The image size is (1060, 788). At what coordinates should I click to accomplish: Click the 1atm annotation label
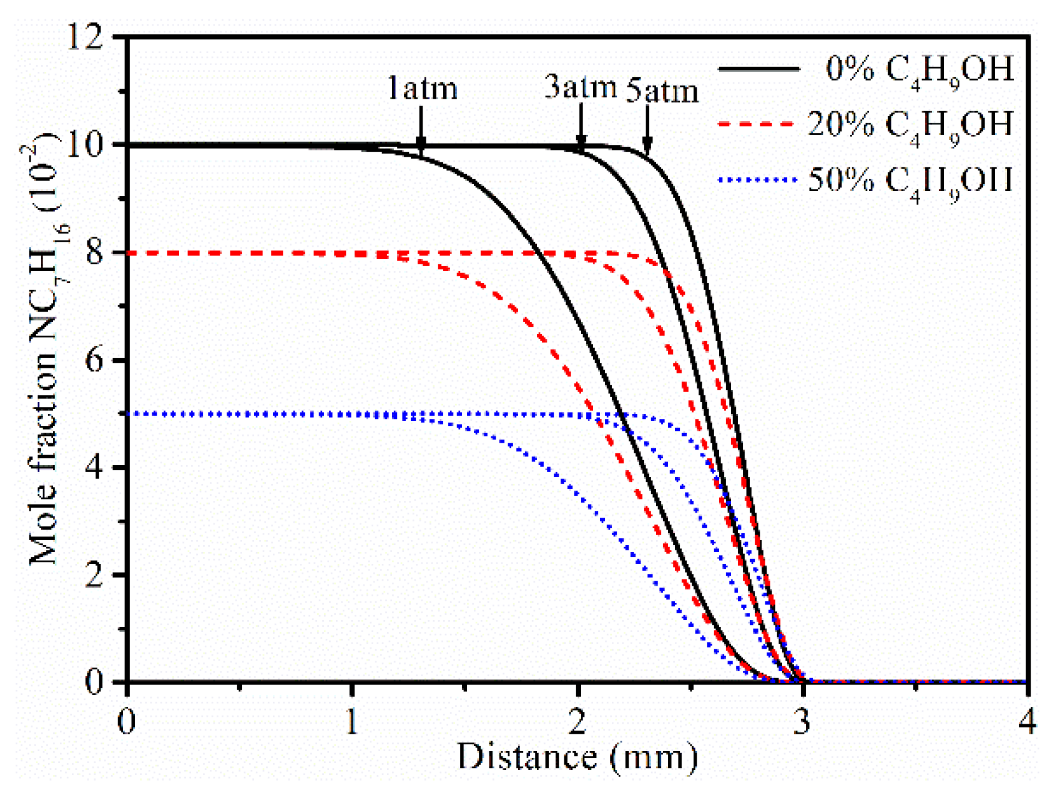[x=422, y=88]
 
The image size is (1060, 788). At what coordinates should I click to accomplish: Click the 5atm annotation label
[x=662, y=91]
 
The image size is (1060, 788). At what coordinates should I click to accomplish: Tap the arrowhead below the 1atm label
[x=421, y=145]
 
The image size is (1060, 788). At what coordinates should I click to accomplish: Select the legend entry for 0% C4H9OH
[x=918, y=70]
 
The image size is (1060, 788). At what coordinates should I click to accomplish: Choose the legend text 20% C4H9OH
[x=910, y=125]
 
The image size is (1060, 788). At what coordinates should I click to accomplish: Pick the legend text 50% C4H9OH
[x=910, y=181]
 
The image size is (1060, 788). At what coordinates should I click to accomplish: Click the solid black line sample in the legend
[x=758, y=69]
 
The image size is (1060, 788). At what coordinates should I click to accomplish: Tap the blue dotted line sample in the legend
[x=758, y=180]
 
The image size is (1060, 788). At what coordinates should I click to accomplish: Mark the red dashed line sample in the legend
[x=758, y=124]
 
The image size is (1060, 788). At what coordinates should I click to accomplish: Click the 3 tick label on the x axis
[x=803, y=722]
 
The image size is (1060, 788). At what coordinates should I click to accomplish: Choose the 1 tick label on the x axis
[x=352, y=722]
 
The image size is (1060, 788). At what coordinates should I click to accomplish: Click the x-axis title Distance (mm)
[x=577, y=757]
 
